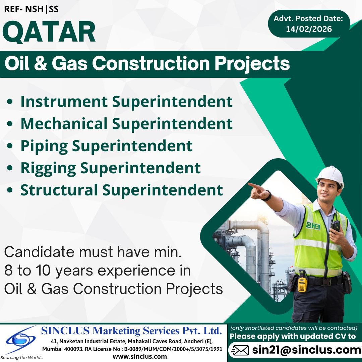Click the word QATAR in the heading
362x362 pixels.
(x=49, y=32)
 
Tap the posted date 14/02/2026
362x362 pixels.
(x=309, y=29)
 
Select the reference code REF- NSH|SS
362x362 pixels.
(x=31, y=9)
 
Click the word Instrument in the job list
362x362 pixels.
(x=64, y=102)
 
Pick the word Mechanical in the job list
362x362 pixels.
(x=64, y=124)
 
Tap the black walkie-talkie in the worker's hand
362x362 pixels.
(x=335, y=226)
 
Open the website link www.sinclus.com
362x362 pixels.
(x=140, y=356)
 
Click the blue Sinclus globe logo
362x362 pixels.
(x=21, y=340)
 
